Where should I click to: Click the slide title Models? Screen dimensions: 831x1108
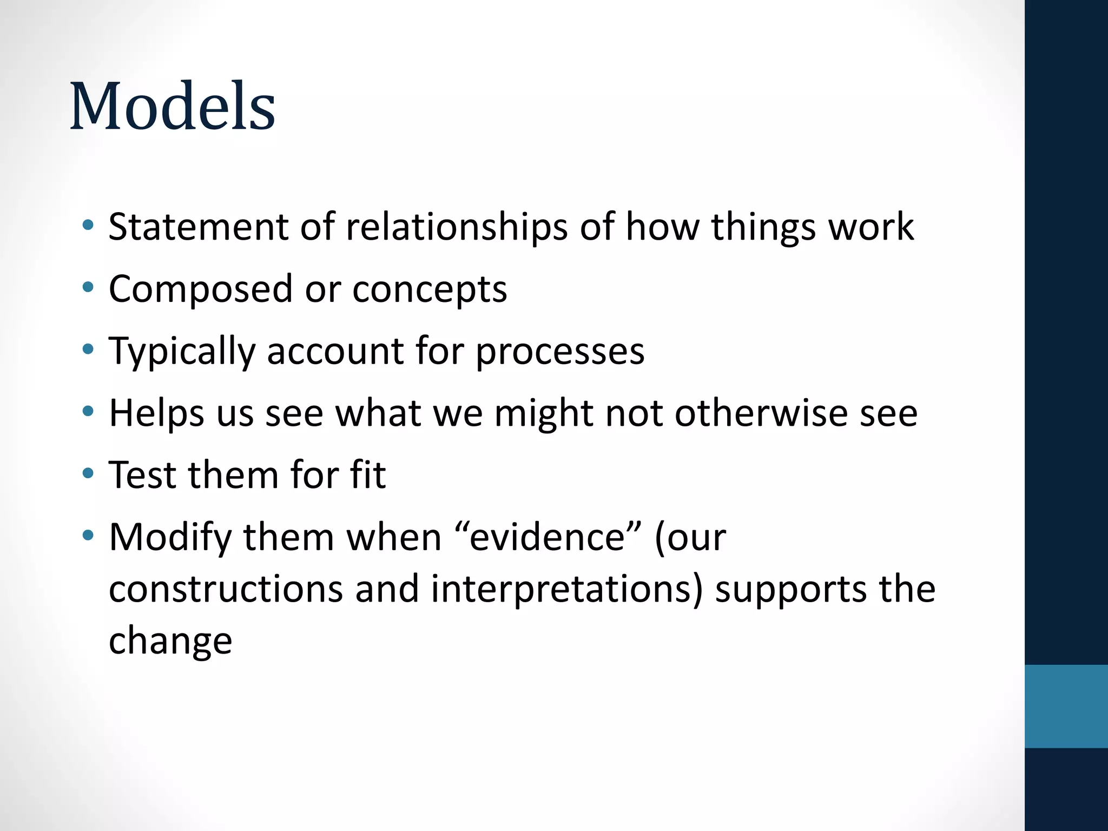pos(173,106)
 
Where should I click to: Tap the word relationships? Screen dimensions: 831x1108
pos(457,227)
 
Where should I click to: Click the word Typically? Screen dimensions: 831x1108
pos(182,352)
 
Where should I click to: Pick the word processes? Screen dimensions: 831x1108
pos(560,352)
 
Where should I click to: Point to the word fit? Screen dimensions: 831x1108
pos(368,474)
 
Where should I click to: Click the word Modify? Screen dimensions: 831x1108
pos(170,538)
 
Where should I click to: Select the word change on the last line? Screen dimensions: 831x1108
pos(170,641)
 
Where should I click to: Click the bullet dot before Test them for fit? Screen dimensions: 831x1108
pos(88,474)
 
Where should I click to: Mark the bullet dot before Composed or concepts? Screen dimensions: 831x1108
pos(88,288)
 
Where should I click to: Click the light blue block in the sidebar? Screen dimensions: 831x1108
pos(1066,706)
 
